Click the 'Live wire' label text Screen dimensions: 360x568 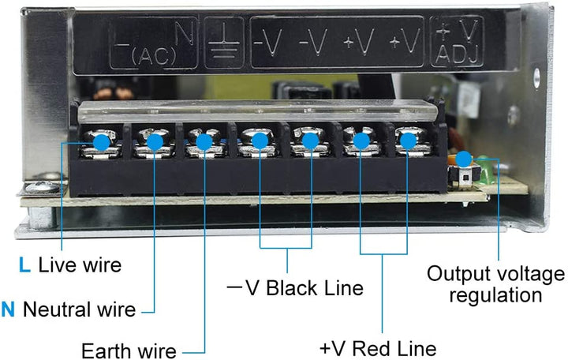coord(80,264)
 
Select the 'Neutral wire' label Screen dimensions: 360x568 coord(80,309)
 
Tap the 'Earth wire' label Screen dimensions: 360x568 coord(129,350)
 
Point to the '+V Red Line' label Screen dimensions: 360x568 coord(378,348)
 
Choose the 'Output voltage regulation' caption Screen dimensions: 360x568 coord(495,284)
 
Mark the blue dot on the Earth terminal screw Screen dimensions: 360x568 coord(204,142)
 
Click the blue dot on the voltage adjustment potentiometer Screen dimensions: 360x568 coord(464,158)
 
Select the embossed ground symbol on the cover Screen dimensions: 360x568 coord(223,43)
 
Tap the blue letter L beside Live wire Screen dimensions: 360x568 coord(25,264)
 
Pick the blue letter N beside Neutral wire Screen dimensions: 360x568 coord(8,309)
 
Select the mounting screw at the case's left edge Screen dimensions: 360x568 coord(39,188)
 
